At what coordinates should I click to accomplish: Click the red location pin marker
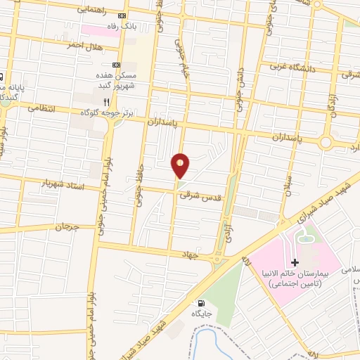point(181,165)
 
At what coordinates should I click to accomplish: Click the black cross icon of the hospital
point(295,283)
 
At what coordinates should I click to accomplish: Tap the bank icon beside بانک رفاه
point(123,15)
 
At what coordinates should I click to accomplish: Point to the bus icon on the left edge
point(1,77)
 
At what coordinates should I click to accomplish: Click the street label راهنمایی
point(91,9)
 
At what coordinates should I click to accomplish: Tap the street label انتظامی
point(41,109)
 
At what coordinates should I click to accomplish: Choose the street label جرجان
point(64,227)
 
